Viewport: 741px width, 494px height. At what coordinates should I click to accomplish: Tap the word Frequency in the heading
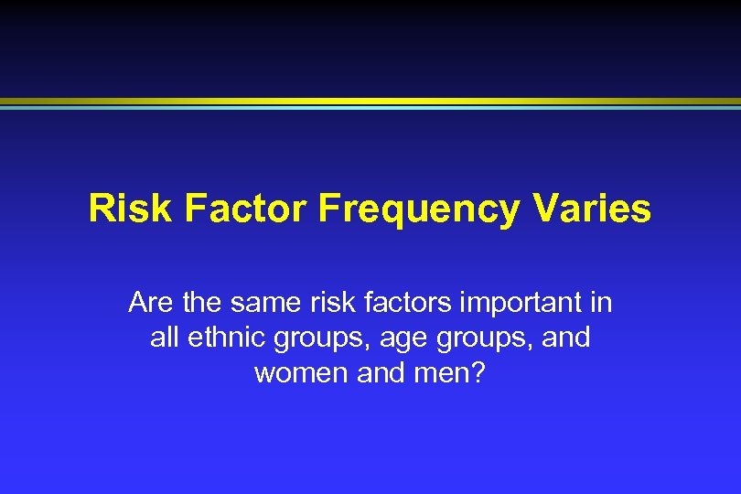(x=418, y=209)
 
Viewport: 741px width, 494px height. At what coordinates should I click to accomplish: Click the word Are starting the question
(x=148, y=302)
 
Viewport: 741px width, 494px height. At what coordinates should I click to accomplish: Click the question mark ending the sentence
(x=478, y=372)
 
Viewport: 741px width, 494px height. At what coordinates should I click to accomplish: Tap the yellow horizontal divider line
(x=370, y=101)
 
